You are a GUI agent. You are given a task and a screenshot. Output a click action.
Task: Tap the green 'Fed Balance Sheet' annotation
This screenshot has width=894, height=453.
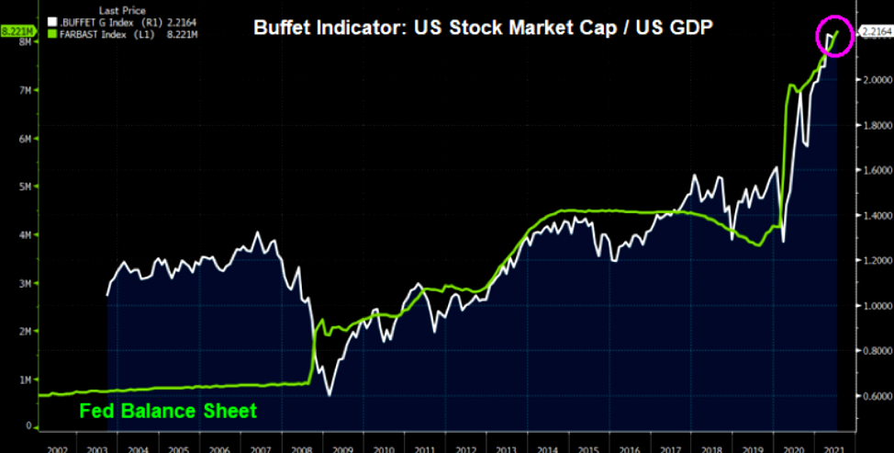click(x=168, y=411)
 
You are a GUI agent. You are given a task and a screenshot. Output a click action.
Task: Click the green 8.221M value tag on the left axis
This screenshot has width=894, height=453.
click(x=17, y=31)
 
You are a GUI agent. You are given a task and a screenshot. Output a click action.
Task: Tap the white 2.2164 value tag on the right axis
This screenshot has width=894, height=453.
click(x=875, y=32)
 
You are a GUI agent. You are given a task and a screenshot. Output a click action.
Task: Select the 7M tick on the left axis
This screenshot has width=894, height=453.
click(x=30, y=90)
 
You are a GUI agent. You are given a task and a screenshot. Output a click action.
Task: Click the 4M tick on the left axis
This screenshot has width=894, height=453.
click(x=30, y=234)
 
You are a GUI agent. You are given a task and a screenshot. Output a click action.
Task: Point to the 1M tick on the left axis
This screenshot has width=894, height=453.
click(x=30, y=379)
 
